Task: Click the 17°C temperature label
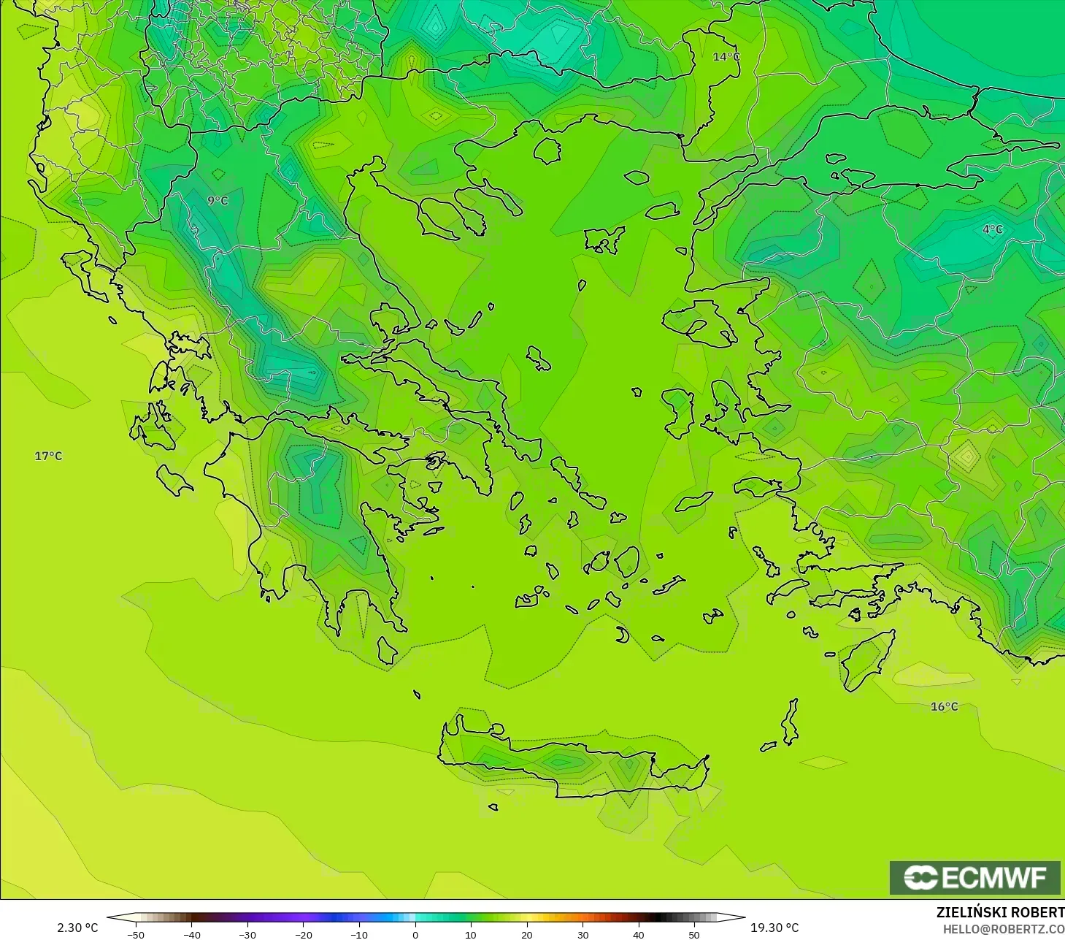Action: (x=49, y=456)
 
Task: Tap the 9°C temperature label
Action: (x=218, y=200)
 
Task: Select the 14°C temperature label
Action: (x=726, y=56)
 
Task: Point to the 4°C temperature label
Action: (x=993, y=229)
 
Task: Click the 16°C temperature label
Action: (x=945, y=706)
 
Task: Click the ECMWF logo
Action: (x=975, y=877)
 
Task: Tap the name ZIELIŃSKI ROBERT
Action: (x=1000, y=912)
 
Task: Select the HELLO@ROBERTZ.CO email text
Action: (x=1004, y=929)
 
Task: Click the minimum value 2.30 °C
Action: (x=77, y=928)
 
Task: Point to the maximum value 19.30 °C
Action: (x=775, y=928)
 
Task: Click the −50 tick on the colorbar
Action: (x=136, y=934)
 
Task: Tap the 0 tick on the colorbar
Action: (x=415, y=934)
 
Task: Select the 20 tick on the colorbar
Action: (x=526, y=934)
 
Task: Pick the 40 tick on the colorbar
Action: (x=639, y=934)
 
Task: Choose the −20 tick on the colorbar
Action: (x=303, y=934)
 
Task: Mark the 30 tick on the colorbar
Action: (x=583, y=934)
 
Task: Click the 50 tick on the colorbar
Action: (x=694, y=934)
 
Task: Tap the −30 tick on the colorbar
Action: (x=247, y=934)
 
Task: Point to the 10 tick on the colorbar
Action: (x=471, y=934)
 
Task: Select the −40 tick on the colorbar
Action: (x=191, y=934)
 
